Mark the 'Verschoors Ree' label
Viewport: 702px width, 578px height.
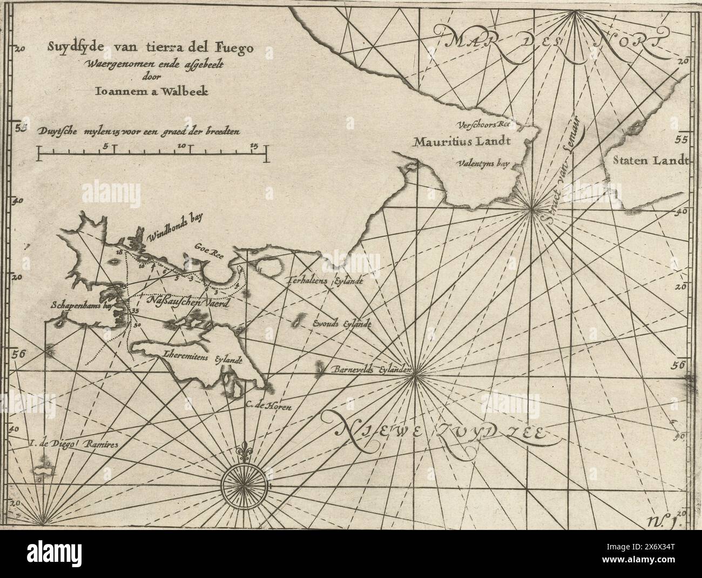[484, 124]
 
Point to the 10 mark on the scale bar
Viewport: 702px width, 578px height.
[181, 146]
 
